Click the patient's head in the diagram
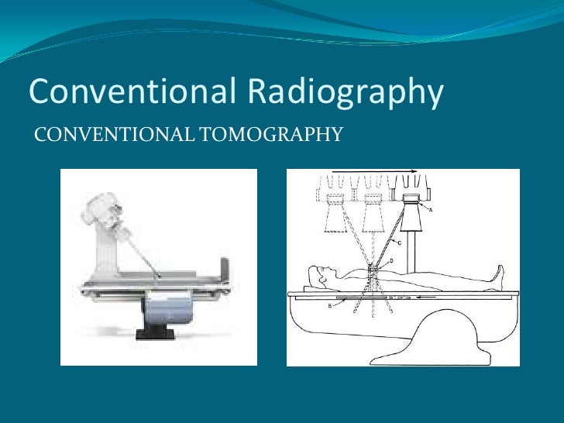[317, 273]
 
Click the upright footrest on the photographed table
[224, 267]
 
